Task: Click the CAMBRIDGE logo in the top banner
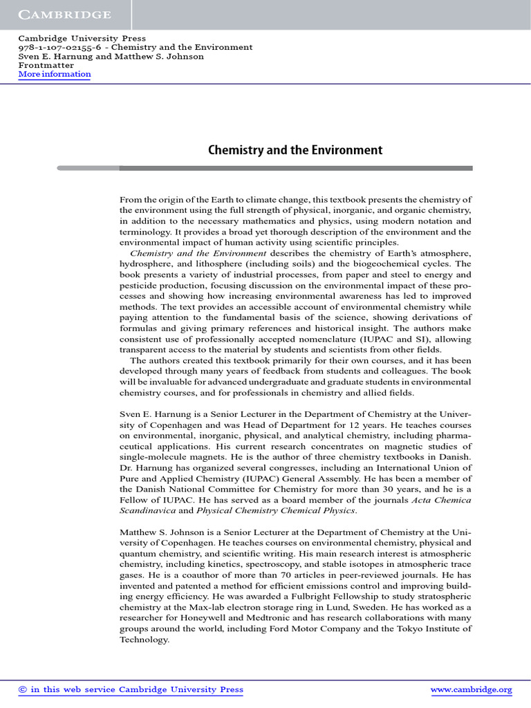point(64,15)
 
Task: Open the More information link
point(55,74)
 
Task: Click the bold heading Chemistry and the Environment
point(295,150)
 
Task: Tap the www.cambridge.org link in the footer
point(471,689)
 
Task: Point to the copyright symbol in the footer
point(22,689)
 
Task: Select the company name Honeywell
point(221,618)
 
